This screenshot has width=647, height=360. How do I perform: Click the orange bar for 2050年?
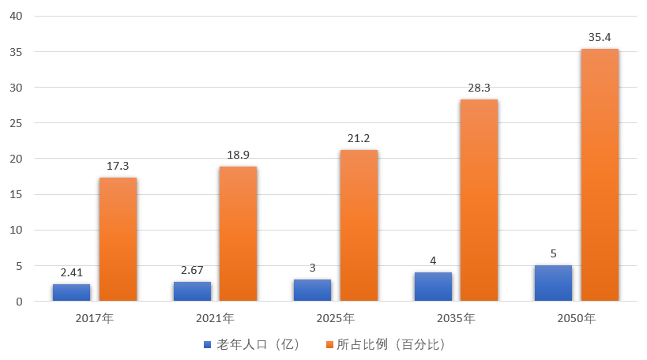click(600, 174)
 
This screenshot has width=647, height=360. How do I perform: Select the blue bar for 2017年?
click(72, 293)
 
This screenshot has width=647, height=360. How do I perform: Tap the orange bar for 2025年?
click(359, 226)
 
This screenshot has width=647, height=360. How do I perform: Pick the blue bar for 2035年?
click(433, 287)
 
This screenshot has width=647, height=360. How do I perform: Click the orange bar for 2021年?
click(238, 234)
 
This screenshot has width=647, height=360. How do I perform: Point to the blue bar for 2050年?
click(553, 283)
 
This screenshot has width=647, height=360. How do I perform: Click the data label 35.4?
click(600, 37)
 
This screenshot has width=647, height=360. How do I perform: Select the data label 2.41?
click(72, 272)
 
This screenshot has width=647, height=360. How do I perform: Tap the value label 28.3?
click(479, 88)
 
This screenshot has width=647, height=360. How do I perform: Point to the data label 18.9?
click(238, 155)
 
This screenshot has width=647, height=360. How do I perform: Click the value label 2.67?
click(192, 270)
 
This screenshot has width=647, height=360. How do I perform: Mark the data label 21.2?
click(359, 138)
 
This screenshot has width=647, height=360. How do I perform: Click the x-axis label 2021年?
click(215, 319)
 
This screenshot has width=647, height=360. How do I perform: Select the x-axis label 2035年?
click(456, 319)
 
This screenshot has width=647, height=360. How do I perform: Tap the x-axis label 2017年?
click(95, 319)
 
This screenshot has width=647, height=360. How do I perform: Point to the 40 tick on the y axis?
click(16, 17)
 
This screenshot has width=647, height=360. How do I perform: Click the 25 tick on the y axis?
click(16, 123)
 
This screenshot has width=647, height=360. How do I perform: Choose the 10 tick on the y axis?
click(16, 231)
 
